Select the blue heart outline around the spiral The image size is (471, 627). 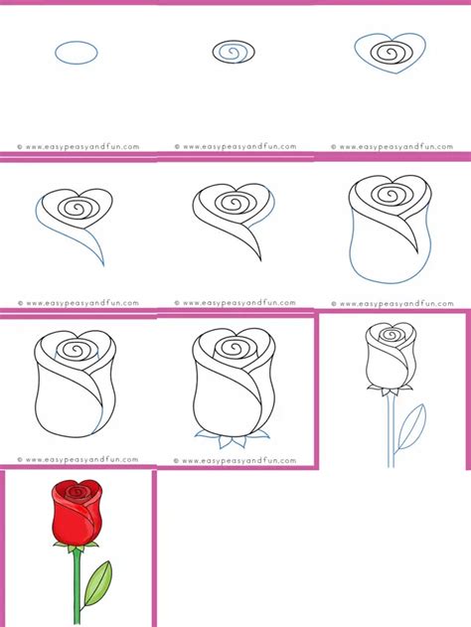click(391, 73)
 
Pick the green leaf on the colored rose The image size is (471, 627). click(98, 583)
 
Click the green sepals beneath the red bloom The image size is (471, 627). click(76, 548)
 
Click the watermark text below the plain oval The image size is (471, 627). click(78, 147)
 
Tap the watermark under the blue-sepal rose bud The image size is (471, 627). click(235, 461)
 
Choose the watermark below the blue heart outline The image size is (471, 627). click(392, 147)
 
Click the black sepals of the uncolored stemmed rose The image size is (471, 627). click(391, 390)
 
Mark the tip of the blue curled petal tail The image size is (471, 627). click(103, 265)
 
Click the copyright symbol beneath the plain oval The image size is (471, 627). click(20, 147)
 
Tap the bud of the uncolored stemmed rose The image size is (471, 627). click(391, 356)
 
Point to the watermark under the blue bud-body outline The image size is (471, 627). click(392, 303)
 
